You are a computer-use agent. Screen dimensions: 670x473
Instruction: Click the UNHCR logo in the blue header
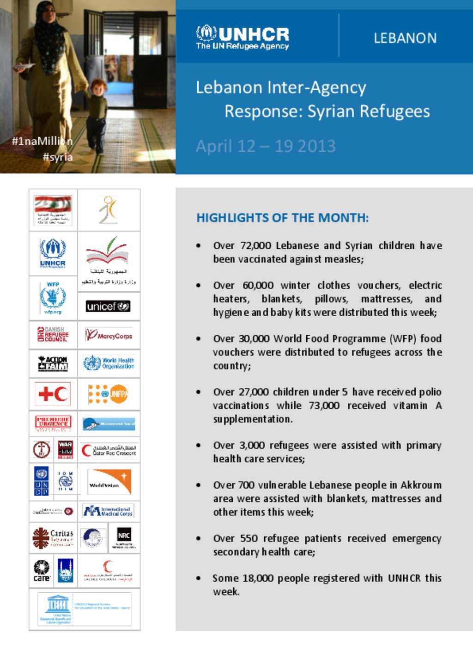[243, 37]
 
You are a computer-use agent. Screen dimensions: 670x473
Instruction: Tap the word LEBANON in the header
[405, 38]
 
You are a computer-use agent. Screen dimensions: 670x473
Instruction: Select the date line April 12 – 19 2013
[266, 146]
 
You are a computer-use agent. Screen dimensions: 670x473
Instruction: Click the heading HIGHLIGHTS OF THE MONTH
[282, 218]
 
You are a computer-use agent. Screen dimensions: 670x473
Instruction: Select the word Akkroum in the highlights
[421, 485]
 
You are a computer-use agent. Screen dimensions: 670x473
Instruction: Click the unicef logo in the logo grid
[108, 306]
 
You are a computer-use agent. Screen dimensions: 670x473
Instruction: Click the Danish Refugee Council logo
[53, 334]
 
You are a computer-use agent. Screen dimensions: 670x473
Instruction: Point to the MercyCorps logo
[109, 335]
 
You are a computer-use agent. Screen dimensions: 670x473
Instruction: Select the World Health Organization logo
[109, 363]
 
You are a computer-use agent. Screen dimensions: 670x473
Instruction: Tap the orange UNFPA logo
[109, 394]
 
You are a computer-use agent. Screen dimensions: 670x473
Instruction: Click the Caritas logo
[53, 538]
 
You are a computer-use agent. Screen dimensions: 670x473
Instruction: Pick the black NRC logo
[124, 537]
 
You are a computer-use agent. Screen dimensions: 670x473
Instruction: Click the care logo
[42, 571]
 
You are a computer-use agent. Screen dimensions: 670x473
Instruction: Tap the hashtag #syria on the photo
[58, 157]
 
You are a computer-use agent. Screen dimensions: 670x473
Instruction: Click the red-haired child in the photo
[97, 116]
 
